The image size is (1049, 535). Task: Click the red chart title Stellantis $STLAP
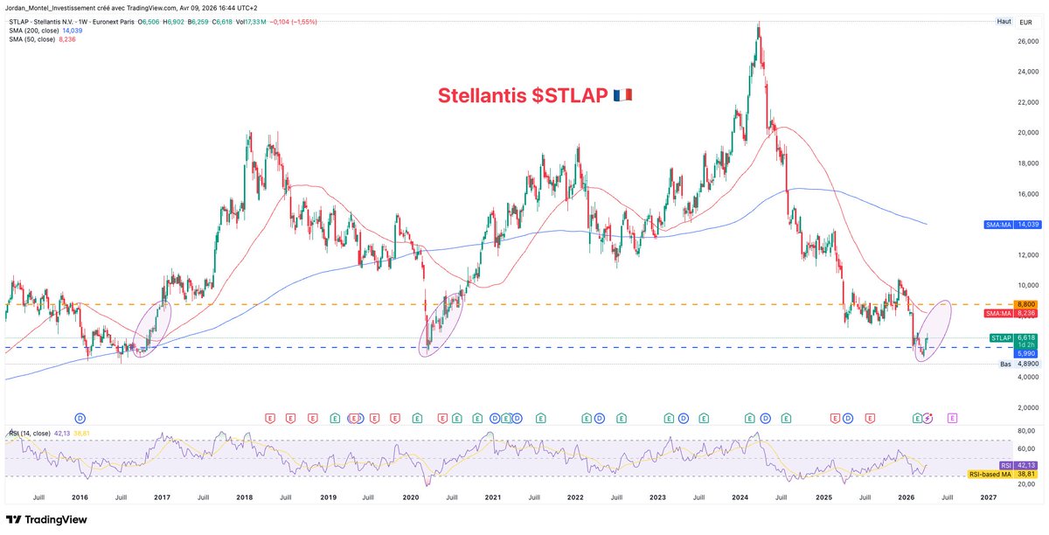point(522,95)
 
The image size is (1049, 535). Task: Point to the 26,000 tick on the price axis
point(1027,40)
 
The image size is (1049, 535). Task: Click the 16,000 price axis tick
point(1027,193)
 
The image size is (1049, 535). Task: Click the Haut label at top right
point(1004,20)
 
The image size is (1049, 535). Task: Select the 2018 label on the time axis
point(245,497)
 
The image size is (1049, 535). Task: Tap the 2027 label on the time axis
point(989,497)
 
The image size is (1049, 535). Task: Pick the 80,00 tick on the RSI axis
point(1027,431)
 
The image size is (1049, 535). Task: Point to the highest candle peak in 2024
point(759,24)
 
